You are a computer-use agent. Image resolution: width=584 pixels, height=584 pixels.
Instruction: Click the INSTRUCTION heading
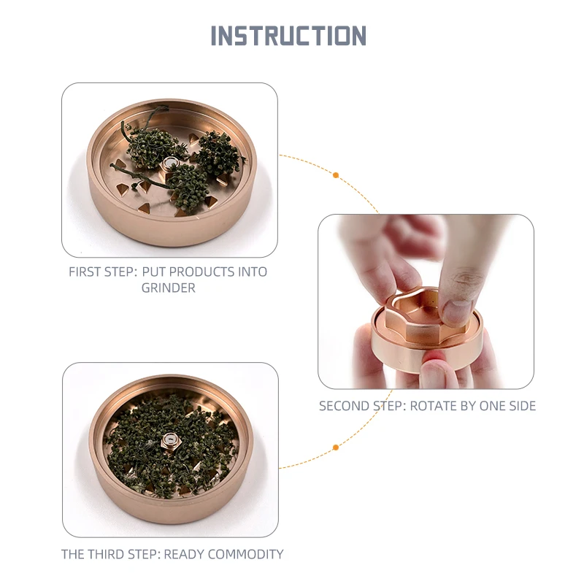(288, 36)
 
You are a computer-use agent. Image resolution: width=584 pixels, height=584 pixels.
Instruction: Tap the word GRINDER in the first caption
(168, 288)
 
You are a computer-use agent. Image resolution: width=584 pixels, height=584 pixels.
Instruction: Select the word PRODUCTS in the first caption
(189, 272)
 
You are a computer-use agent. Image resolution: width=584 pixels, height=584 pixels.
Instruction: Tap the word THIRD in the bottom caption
(112, 554)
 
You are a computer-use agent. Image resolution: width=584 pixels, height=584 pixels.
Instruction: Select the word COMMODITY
(246, 554)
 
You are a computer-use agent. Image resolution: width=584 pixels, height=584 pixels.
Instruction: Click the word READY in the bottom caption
(184, 554)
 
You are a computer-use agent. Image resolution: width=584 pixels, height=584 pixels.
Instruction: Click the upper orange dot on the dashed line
(336, 175)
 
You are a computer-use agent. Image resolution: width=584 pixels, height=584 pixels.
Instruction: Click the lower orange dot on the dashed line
(336, 447)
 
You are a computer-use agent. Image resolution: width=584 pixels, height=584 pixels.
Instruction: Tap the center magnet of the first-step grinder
(171, 163)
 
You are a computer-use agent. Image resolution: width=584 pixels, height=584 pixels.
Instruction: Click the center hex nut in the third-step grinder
(171, 440)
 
